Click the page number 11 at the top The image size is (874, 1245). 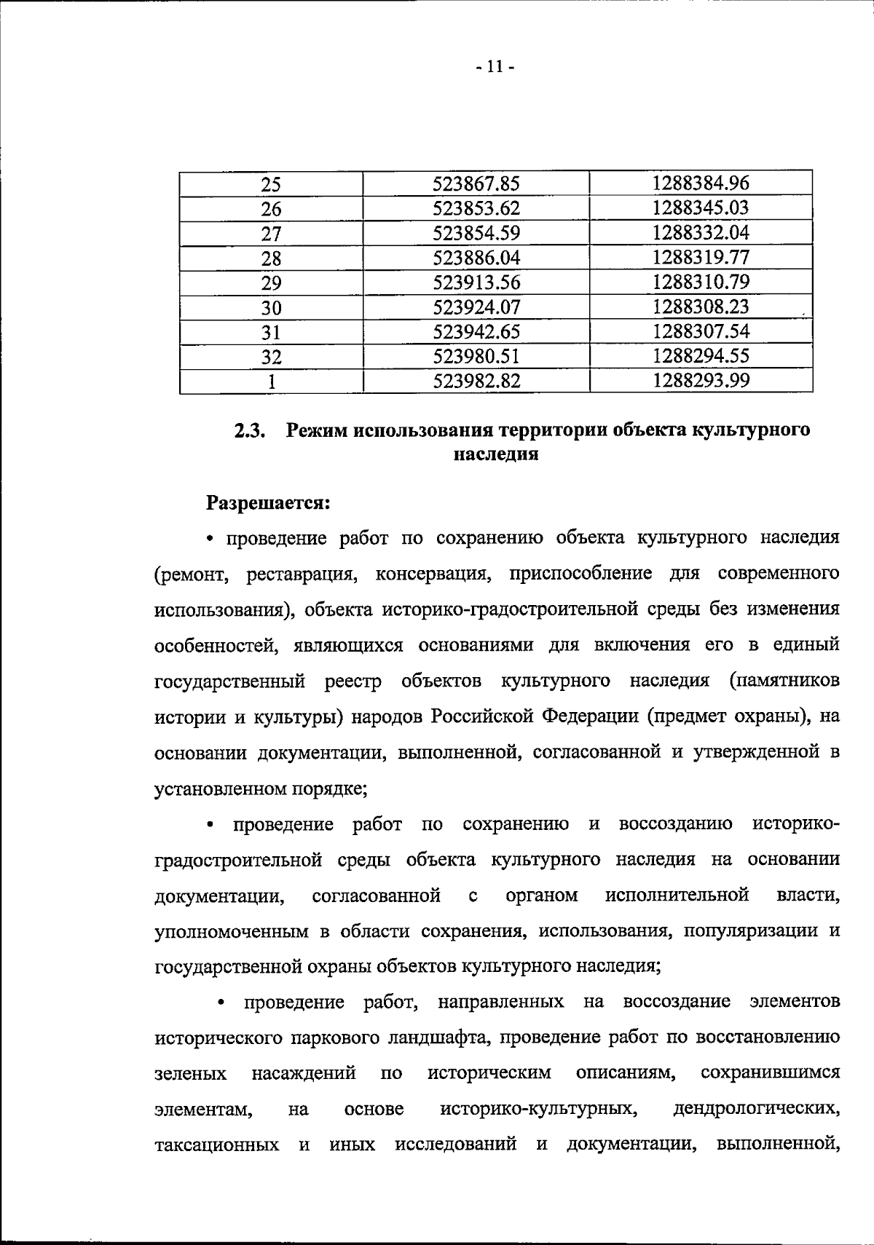(x=495, y=68)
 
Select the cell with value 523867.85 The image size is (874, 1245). (x=476, y=183)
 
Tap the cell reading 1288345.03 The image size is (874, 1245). (x=701, y=208)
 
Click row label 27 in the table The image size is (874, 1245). (x=271, y=234)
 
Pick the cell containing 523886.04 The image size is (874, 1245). (x=476, y=258)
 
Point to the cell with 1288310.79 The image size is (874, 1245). (x=701, y=282)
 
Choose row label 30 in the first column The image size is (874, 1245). (x=271, y=308)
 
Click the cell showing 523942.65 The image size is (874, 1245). (x=476, y=332)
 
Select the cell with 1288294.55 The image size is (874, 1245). (x=701, y=356)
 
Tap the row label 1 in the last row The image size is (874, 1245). (x=271, y=382)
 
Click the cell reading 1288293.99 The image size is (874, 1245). (x=701, y=381)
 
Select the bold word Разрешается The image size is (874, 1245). (x=269, y=503)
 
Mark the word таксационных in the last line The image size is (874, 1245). (x=217, y=1145)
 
